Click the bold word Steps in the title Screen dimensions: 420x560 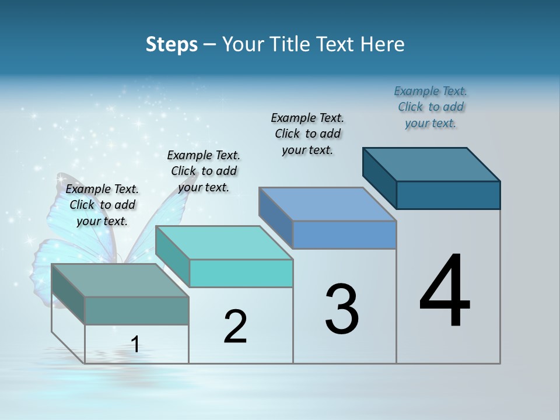click(x=171, y=44)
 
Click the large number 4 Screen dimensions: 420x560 click(x=444, y=292)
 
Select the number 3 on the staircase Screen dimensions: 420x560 click(x=342, y=309)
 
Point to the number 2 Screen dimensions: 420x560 click(x=236, y=327)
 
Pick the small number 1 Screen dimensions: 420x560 click(x=135, y=344)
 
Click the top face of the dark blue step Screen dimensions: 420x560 click(x=432, y=164)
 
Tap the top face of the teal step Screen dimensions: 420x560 click(x=224, y=243)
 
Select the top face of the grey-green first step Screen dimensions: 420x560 click(x=120, y=281)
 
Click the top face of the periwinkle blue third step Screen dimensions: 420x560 click(x=328, y=204)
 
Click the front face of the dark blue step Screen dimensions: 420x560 click(x=448, y=195)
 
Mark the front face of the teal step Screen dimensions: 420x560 click(x=241, y=273)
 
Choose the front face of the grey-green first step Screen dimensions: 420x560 click(x=136, y=310)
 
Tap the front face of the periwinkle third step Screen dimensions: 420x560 click(x=344, y=235)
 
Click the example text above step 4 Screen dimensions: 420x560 click(x=430, y=107)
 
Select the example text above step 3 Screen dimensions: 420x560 click(x=307, y=134)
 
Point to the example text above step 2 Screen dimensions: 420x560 click(x=204, y=171)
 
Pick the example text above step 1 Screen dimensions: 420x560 click(x=102, y=205)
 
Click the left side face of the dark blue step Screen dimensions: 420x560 click(x=379, y=177)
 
